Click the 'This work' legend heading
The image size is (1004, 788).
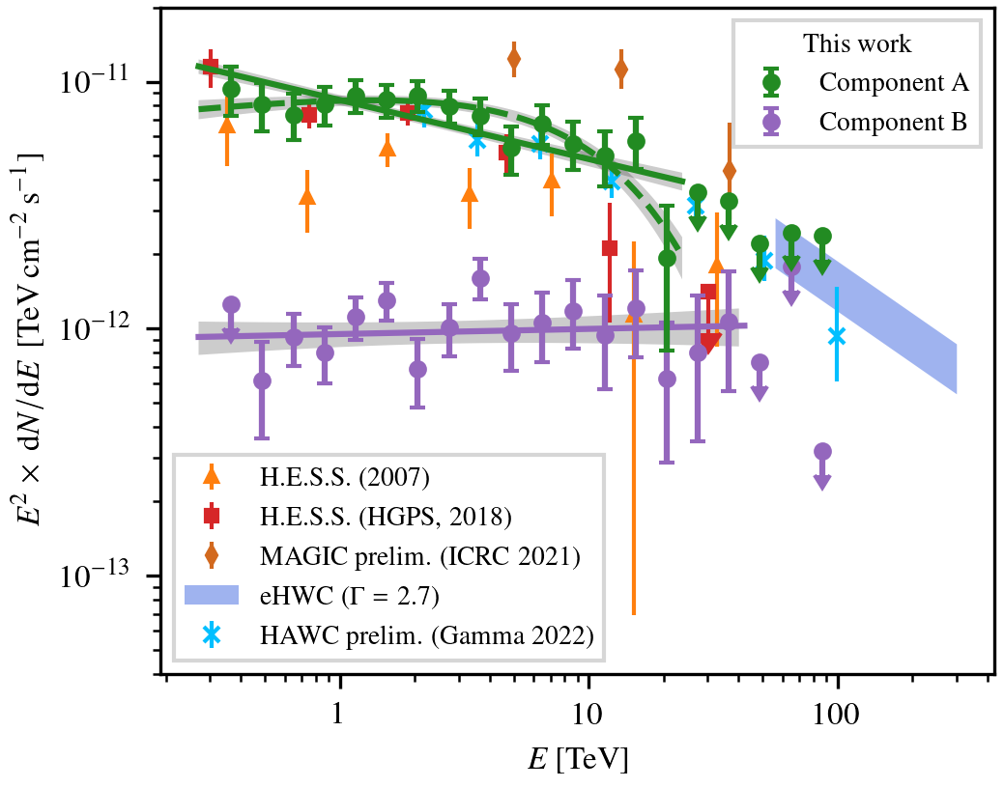click(857, 43)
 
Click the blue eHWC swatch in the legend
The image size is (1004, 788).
click(211, 595)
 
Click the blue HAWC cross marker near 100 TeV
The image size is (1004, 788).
click(837, 336)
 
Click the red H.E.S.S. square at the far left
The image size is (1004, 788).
click(210, 66)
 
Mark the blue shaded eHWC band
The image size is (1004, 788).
click(870, 309)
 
